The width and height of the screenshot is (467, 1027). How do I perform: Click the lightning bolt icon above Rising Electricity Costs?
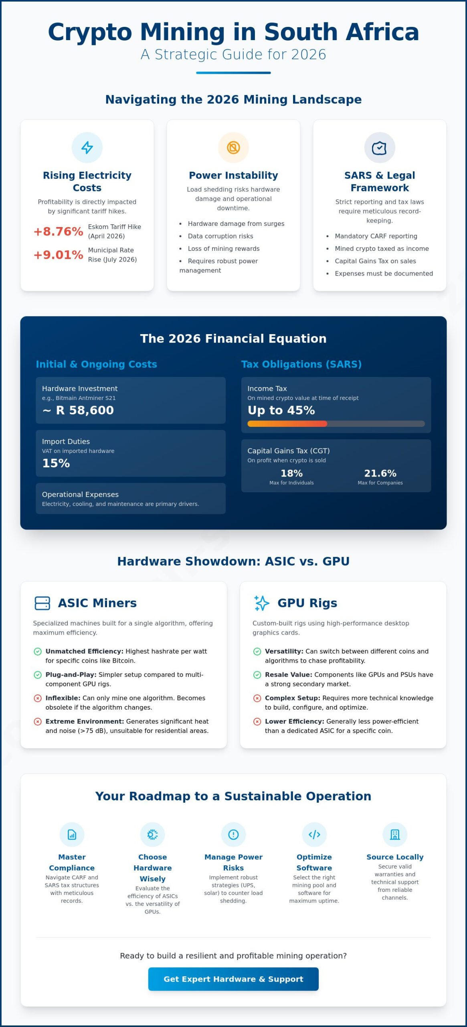(x=87, y=148)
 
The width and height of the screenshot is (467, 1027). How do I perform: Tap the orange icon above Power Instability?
(x=233, y=148)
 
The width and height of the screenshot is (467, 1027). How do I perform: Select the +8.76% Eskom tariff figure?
(x=58, y=231)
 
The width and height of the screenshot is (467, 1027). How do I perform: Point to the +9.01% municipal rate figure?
(x=58, y=255)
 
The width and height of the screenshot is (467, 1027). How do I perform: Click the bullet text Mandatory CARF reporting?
(x=376, y=236)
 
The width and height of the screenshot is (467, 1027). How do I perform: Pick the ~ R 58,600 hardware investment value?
(x=78, y=410)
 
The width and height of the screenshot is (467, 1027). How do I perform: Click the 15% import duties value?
(x=56, y=463)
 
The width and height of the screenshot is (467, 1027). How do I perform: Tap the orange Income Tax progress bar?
(x=287, y=424)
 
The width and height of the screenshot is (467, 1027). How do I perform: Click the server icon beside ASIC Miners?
(x=42, y=603)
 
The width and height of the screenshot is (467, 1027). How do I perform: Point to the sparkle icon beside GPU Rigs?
(x=262, y=603)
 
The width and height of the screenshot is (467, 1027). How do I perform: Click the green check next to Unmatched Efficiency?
(x=38, y=652)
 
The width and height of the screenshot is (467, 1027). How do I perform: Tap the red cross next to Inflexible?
(x=38, y=698)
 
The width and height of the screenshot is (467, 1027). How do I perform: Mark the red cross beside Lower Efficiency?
(x=257, y=722)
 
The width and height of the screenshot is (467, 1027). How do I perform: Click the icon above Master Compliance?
(x=72, y=835)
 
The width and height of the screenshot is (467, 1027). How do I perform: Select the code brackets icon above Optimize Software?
(x=314, y=835)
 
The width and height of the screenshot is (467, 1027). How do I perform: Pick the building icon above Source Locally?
(x=395, y=835)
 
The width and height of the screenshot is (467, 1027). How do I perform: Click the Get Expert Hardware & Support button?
(x=233, y=979)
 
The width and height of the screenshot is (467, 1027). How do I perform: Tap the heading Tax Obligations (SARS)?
(x=301, y=364)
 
